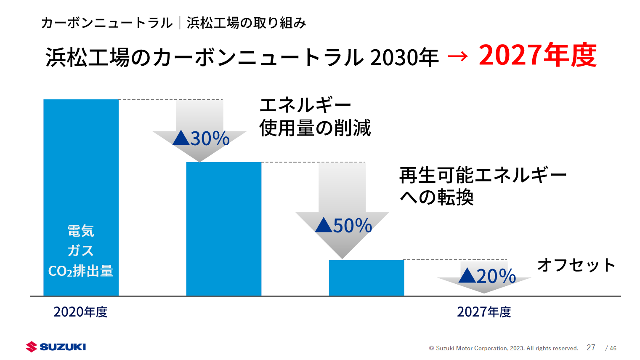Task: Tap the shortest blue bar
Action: (366, 278)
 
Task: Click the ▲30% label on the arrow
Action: (201, 139)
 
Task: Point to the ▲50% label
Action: (343, 226)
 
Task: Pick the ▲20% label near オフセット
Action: (487, 276)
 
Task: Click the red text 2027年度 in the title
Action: (537, 56)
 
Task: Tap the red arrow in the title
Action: (458, 56)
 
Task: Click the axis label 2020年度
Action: (80, 312)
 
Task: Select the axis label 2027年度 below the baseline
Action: (484, 312)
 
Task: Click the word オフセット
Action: (576, 265)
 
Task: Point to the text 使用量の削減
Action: (315, 128)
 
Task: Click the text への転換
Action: (436, 197)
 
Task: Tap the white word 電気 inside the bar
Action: (81, 231)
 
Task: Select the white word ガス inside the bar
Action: (81, 251)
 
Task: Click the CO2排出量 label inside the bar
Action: (81, 271)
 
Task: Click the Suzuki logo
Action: (56, 347)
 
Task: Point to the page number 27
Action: (591, 347)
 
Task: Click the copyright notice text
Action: (503, 348)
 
